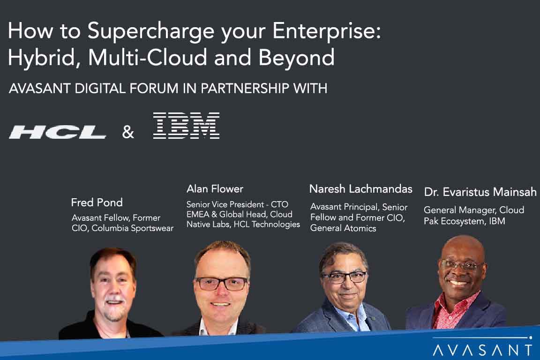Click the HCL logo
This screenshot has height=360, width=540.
pyautogui.click(x=58, y=132)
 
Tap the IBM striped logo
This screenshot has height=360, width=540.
pyautogui.click(x=186, y=126)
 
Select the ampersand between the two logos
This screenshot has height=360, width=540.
pyautogui.click(x=128, y=133)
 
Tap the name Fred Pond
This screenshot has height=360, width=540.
pyautogui.click(x=97, y=202)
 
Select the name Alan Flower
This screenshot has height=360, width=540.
pyautogui.click(x=215, y=189)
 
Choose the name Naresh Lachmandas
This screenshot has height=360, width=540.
pyautogui.click(x=360, y=189)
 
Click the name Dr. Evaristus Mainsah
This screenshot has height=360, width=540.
pyautogui.click(x=480, y=192)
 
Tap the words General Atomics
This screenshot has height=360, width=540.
pyautogui.click(x=343, y=228)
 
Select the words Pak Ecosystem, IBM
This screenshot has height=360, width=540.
pyautogui.click(x=465, y=221)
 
